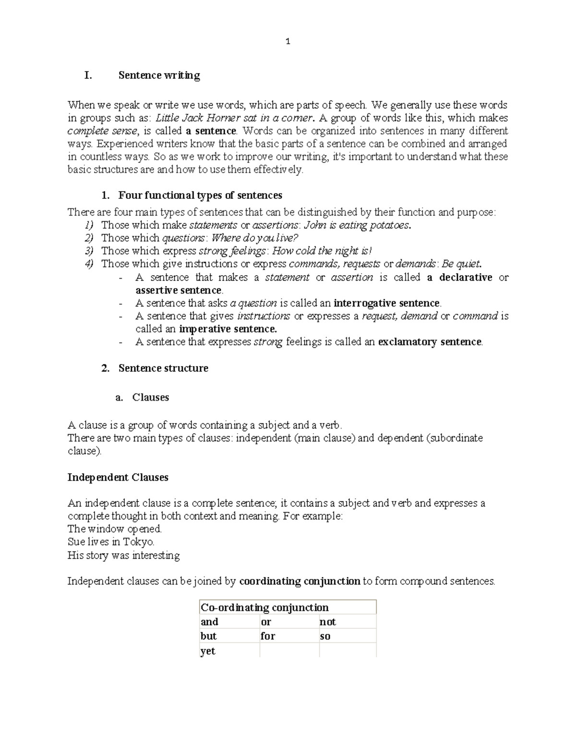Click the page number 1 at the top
pos(288,42)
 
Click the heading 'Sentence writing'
pos(159,75)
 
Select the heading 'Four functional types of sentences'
pos(200,195)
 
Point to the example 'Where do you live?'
pos(254,238)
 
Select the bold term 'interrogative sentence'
pos(386,303)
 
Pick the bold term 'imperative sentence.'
pos(228,329)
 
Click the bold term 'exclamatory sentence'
pos(430,342)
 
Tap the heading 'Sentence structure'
pos(163,368)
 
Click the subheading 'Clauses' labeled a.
pos(151,397)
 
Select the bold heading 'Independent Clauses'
pos(118,477)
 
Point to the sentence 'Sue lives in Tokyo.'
pos(111,542)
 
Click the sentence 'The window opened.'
pos(115,529)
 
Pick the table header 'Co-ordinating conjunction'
pos(264,608)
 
